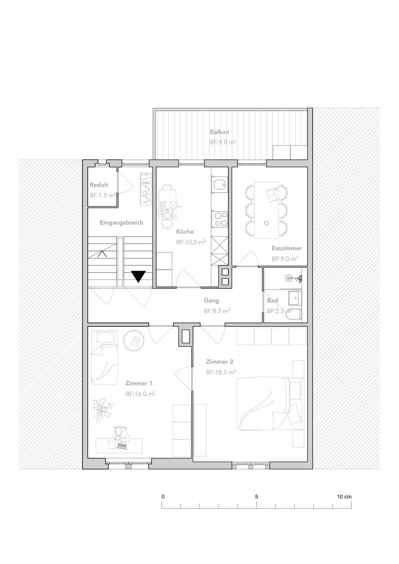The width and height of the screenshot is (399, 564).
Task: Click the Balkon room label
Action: [x=219, y=132]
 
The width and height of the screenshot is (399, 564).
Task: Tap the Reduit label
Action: [x=99, y=185]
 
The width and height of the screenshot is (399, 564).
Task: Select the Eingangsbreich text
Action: [x=121, y=222]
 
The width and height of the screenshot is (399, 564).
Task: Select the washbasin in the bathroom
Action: [x=295, y=298]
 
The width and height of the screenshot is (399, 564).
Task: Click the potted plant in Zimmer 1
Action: [x=102, y=410]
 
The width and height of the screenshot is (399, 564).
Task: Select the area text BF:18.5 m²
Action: [x=221, y=372]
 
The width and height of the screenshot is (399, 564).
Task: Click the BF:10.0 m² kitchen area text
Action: [x=191, y=242]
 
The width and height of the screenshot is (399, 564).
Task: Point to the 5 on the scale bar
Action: [x=257, y=497]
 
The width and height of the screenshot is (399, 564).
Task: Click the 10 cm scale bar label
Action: [x=344, y=497]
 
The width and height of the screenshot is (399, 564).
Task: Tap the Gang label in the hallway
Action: [x=211, y=301]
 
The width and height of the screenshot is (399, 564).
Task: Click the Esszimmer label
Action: [x=287, y=248]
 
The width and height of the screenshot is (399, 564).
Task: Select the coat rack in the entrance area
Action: [x=146, y=189]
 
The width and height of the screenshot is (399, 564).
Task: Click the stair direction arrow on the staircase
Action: [x=102, y=254]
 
